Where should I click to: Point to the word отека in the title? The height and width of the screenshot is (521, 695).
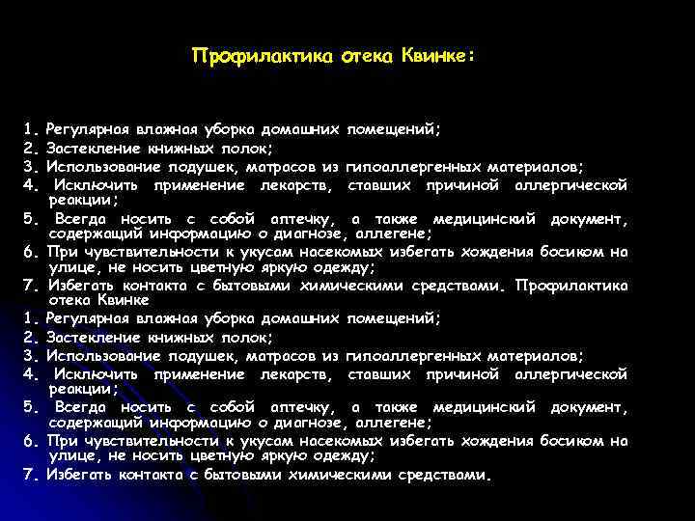pyautogui.click(x=366, y=56)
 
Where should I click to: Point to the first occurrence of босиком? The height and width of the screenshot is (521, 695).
pyautogui.click(x=570, y=252)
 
